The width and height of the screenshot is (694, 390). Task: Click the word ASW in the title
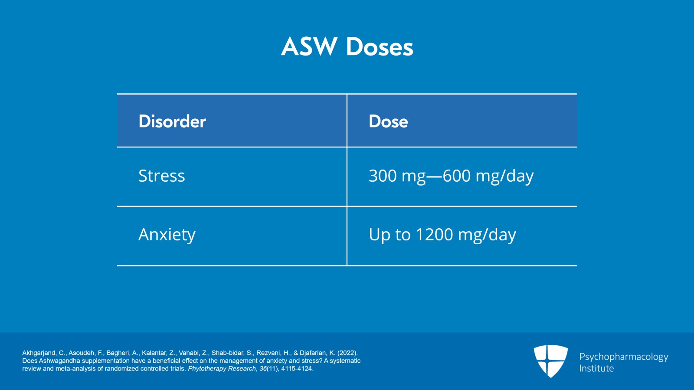[x=309, y=47]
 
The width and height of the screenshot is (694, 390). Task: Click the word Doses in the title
[x=380, y=47]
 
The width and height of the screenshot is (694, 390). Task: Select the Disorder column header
[x=172, y=121]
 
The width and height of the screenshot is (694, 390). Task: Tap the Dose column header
[x=388, y=121]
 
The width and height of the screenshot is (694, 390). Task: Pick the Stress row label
[x=161, y=176]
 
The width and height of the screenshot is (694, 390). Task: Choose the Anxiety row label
[x=167, y=235]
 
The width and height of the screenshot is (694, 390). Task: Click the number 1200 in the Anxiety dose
[x=434, y=235]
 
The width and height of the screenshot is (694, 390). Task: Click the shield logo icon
[x=550, y=361]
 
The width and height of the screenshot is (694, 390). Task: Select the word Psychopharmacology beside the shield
[x=624, y=357]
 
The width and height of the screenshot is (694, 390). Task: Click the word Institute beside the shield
[x=596, y=368]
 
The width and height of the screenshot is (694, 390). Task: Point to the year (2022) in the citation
[x=347, y=353]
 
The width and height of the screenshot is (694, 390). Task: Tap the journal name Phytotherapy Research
[x=222, y=369]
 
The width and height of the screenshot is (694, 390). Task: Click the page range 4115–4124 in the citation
[x=297, y=369]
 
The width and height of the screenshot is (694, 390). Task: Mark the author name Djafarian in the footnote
[x=313, y=353]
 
